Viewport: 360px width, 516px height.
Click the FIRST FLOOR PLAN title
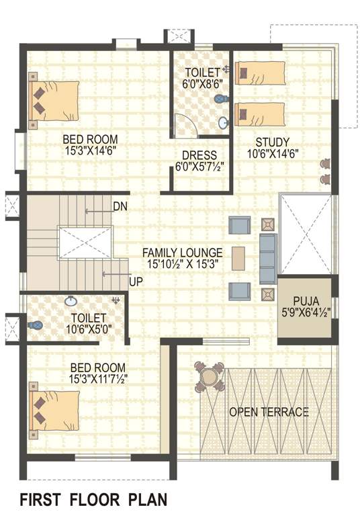pos(93,500)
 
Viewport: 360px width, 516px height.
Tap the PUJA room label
pos(306,301)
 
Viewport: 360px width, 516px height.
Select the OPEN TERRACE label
pos(269,412)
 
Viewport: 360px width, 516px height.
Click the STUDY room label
pos(272,142)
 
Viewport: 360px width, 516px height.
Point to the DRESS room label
pos(199,154)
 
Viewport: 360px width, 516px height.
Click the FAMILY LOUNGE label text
pos(182,253)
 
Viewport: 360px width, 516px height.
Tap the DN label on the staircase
pos(120,206)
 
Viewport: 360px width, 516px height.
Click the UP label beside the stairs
pos(135,282)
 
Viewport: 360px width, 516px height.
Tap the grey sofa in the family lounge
pos(267,258)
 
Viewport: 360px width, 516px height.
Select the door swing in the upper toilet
pos(183,124)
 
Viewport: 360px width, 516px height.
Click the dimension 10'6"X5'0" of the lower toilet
pos(87,329)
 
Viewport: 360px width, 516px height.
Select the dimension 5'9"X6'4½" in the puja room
pos(306,312)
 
